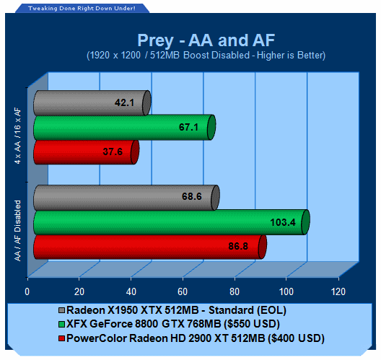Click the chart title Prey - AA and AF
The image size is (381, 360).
[x=206, y=40]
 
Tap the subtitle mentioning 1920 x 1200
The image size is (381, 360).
[x=206, y=56]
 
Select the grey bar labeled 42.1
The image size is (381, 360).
[x=92, y=102]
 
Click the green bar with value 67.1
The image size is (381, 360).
[x=124, y=127]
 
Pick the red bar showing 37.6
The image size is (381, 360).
[x=87, y=152]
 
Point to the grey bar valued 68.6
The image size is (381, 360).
[x=126, y=198]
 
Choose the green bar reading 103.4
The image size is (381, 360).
[x=172, y=222]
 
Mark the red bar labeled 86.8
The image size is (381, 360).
[x=150, y=247]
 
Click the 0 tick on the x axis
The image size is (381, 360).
[x=27, y=291]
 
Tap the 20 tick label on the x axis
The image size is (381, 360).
[x=79, y=291]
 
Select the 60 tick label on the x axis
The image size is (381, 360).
[x=183, y=291]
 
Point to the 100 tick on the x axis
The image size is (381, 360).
[x=286, y=291]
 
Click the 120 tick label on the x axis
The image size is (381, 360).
[x=338, y=291]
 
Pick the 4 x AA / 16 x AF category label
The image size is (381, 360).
[x=18, y=136]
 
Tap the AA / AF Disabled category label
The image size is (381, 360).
[x=18, y=231]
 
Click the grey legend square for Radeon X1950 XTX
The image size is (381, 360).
[x=62, y=310]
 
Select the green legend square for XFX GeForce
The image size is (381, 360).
[x=62, y=324]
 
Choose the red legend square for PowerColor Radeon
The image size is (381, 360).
[x=62, y=338]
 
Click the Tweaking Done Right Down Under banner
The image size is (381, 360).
[x=82, y=9]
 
